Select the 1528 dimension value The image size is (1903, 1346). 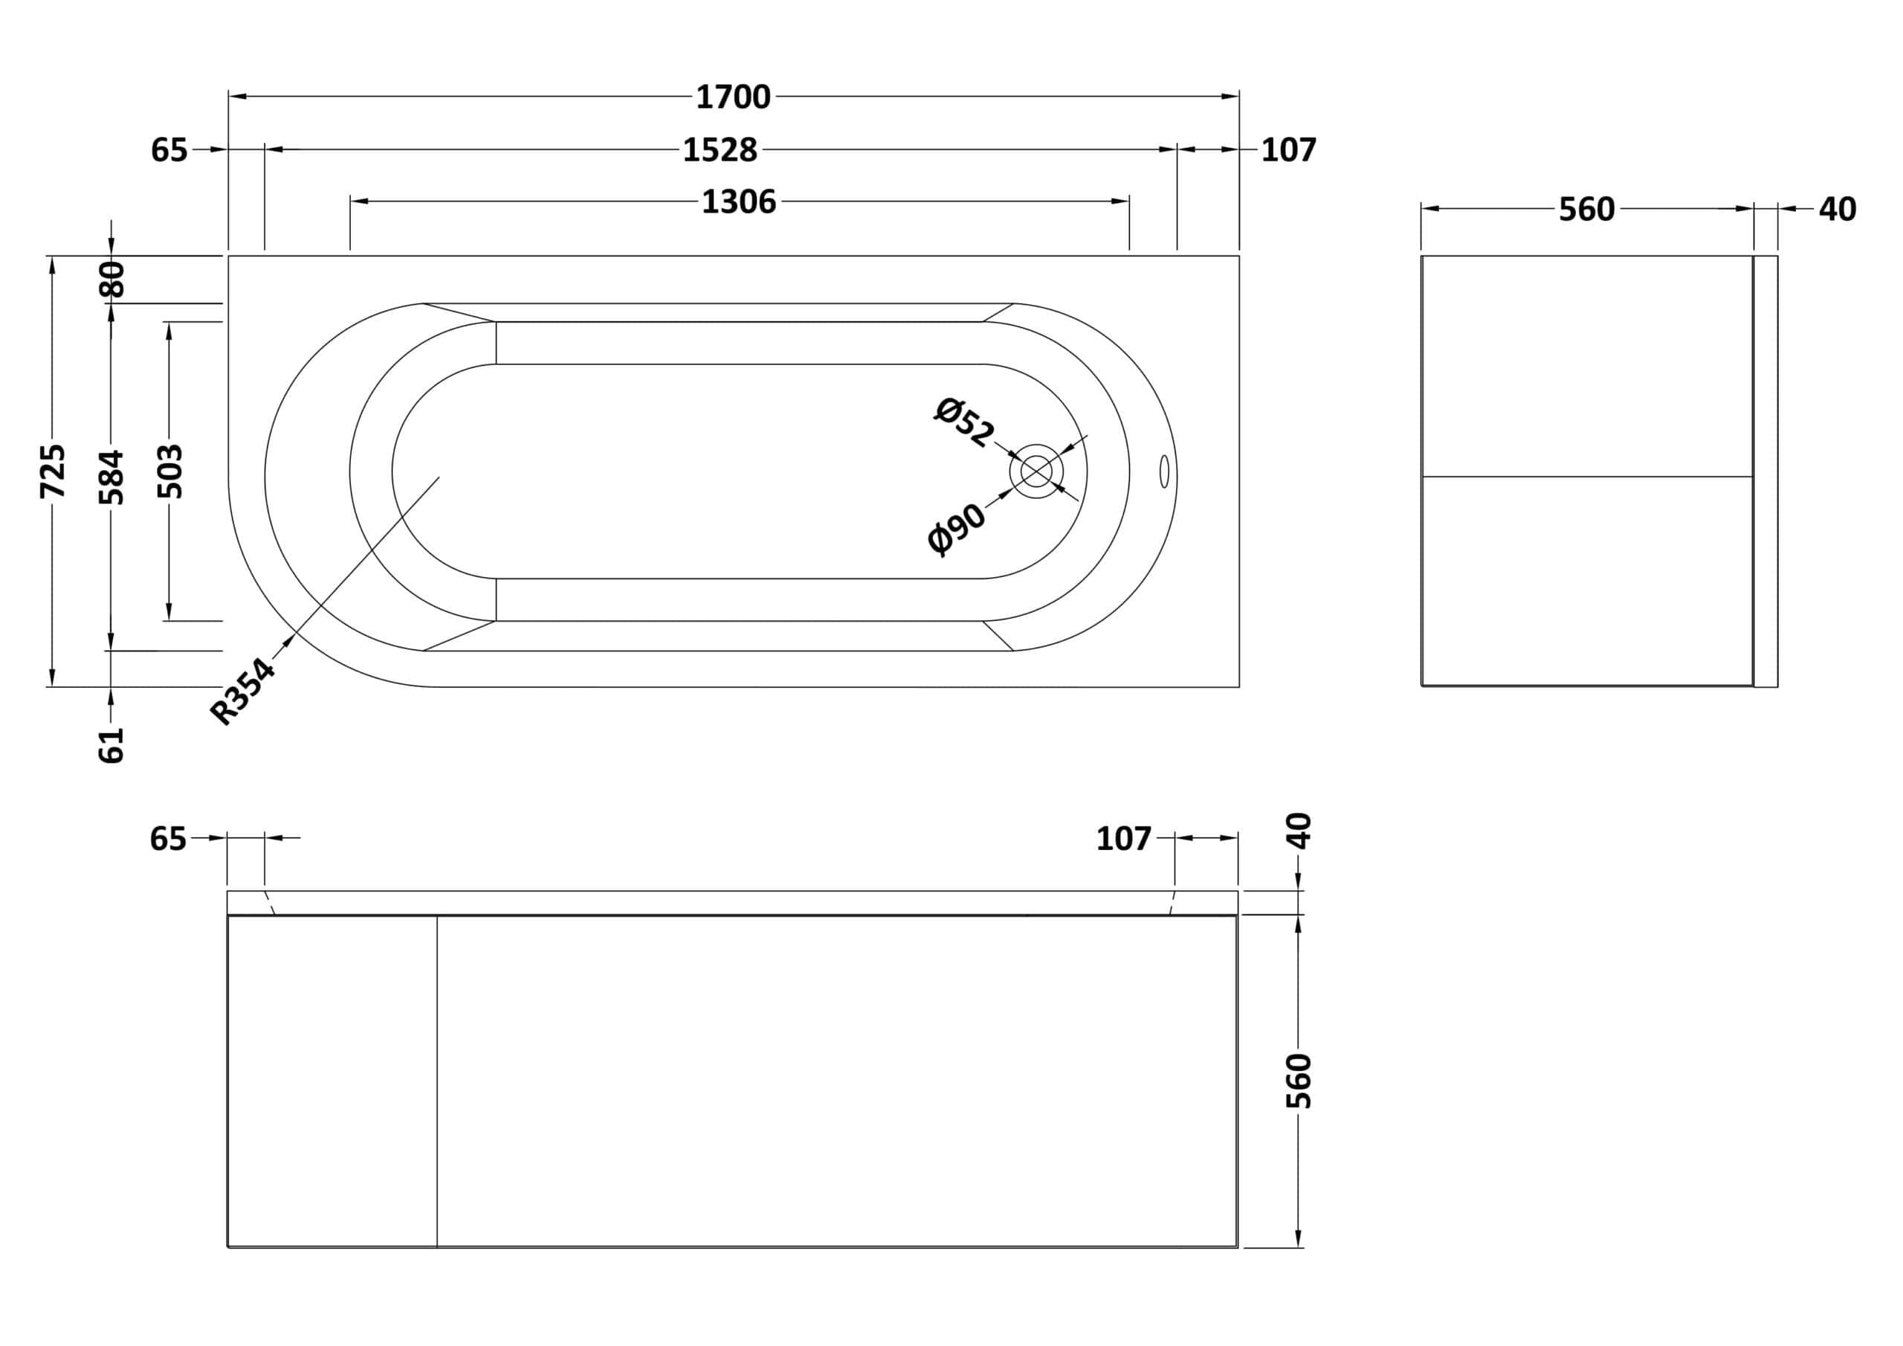tap(720, 150)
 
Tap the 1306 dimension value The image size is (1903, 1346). tap(738, 202)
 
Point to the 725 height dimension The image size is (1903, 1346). tap(53, 471)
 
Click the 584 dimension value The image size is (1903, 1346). tap(111, 477)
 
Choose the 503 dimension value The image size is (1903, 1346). tap(170, 471)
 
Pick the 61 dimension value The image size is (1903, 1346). tap(111, 744)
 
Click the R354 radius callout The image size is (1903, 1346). tap(242, 691)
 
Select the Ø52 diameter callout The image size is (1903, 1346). tap(964, 422)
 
